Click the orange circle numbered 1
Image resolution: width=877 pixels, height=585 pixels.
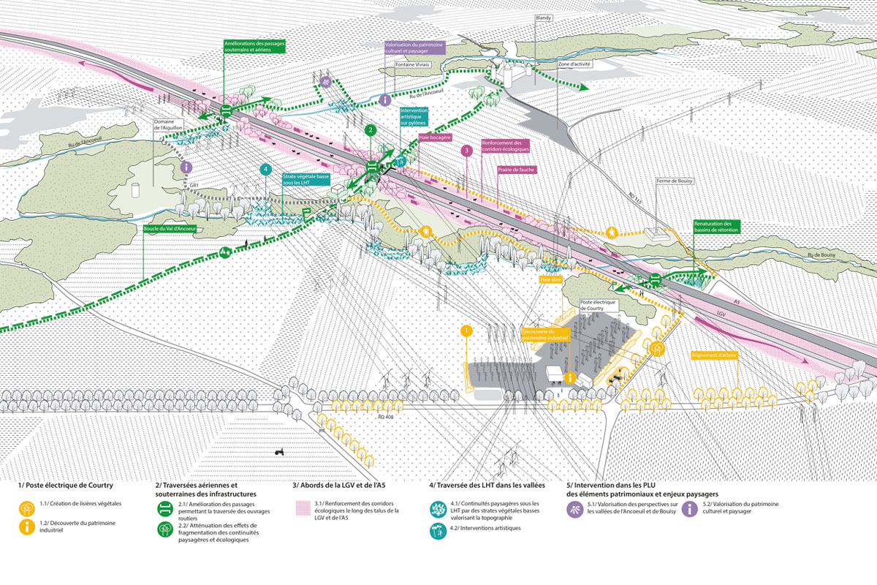coord(466,331)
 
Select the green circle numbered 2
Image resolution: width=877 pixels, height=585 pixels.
coord(371,130)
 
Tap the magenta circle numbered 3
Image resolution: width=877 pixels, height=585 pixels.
coord(466,151)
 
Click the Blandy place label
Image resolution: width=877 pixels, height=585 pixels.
coord(543,16)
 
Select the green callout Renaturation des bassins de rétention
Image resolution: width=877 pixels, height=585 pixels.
coord(718,226)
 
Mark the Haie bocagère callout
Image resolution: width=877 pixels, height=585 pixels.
coord(435,137)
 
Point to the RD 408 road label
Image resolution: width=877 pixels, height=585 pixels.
coord(387,416)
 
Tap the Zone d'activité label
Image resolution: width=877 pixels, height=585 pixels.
coord(573,64)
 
